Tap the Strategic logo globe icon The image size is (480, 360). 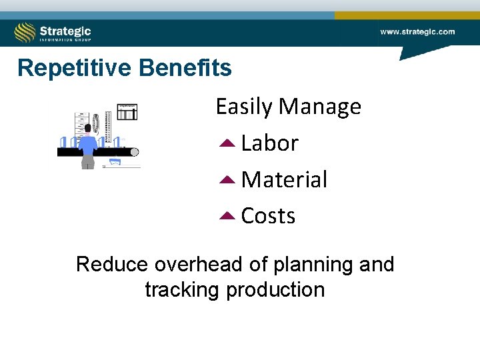click(25, 32)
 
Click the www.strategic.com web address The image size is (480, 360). click(417, 31)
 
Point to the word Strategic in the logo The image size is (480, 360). click(65, 30)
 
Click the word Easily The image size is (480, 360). click(244, 107)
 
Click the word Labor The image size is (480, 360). click(269, 143)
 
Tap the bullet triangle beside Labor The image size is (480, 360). click(226, 143)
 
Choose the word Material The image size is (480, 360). click(284, 180)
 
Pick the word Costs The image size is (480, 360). click(268, 216)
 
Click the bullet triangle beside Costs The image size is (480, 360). click(226, 216)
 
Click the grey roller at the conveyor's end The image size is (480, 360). click(134, 152)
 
